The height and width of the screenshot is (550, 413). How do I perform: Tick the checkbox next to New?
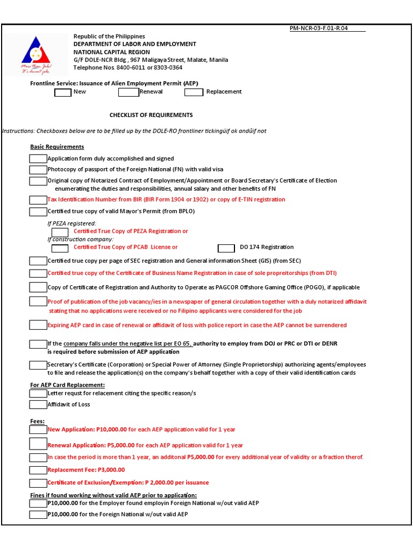click(x=62, y=92)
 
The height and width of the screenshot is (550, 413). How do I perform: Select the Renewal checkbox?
click(x=128, y=92)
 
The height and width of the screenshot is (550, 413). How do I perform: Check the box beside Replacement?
click(x=194, y=92)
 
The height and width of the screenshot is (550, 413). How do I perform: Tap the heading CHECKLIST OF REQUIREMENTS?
click(x=151, y=115)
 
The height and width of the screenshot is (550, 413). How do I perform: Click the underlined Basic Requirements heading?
click(x=57, y=147)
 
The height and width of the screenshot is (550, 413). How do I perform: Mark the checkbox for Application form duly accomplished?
click(x=38, y=158)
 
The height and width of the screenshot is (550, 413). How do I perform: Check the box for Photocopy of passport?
click(x=38, y=170)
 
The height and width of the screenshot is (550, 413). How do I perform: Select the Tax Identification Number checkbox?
click(x=38, y=200)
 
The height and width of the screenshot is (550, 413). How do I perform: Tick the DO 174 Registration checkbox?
click(x=226, y=248)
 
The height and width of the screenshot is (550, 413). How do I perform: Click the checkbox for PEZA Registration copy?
click(x=60, y=231)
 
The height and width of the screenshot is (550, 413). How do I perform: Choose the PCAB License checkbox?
click(x=60, y=248)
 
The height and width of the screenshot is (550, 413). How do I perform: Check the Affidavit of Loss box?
click(x=38, y=404)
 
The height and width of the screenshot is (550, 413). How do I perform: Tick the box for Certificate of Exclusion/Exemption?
click(x=38, y=483)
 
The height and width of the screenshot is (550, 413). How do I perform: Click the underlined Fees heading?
click(x=38, y=422)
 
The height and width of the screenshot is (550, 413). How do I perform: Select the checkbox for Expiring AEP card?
click(x=38, y=325)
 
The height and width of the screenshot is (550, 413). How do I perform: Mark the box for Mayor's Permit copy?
click(x=38, y=212)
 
